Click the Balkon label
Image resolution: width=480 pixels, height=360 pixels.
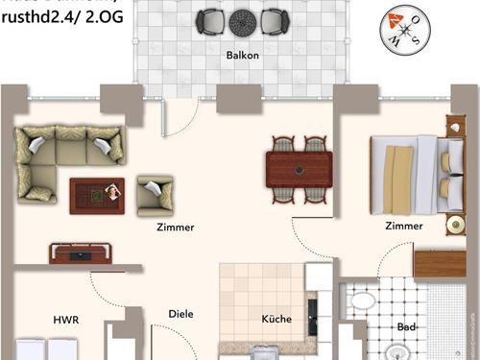click(x=243, y=55)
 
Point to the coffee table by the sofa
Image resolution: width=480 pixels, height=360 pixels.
click(x=97, y=194)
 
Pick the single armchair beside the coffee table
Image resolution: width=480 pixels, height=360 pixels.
click(x=155, y=195)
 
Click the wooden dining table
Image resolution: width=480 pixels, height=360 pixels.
click(x=300, y=169)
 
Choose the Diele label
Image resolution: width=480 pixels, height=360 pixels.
click(x=180, y=313)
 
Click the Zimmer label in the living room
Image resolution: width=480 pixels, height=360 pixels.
click(x=176, y=228)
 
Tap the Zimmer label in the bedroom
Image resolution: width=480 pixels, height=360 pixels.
click(x=403, y=227)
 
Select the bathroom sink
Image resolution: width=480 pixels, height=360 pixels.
click(x=362, y=300)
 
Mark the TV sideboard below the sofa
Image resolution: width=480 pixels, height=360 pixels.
click(x=83, y=252)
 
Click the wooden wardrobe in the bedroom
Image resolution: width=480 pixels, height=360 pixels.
click(x=440, y=261)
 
